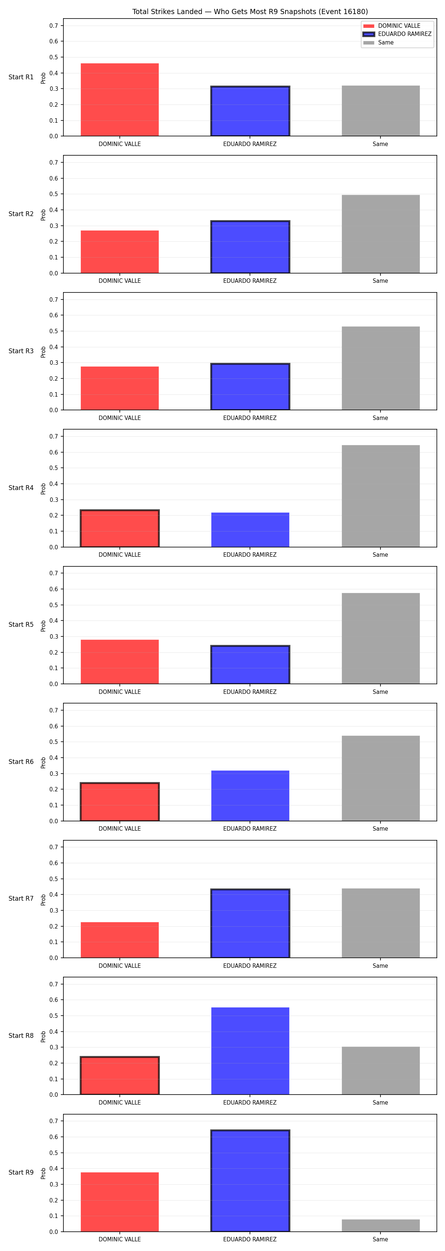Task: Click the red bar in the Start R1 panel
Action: click(119, 100)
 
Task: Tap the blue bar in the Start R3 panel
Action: click(250, 387)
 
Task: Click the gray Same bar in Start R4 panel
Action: click(380, 496)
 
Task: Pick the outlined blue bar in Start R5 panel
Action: click(250, 664)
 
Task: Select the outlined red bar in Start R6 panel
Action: click(119, 801)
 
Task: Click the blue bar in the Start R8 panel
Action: click(250, 1051)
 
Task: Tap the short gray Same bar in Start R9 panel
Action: click(380, 1225)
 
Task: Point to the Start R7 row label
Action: click(21, 898)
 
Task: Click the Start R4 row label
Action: click(21, 487)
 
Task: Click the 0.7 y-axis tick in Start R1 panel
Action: click(53, 26)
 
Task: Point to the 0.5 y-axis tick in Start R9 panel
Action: click(53, 1153)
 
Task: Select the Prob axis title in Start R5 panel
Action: click(43, 626)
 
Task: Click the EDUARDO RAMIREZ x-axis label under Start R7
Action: click(250, 966)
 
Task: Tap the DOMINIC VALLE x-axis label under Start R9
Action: click(119, 1240)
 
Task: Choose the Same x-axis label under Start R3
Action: click(380, 418)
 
